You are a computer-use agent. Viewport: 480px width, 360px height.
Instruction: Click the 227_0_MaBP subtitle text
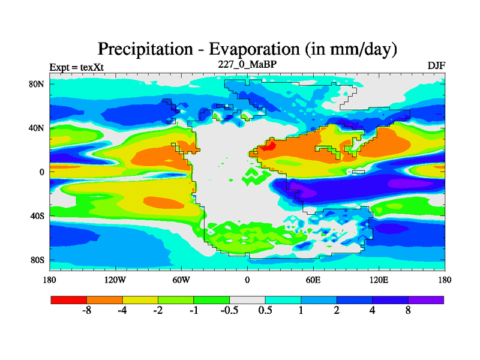point(247,64)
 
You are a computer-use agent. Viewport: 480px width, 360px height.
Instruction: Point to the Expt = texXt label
point(76,67)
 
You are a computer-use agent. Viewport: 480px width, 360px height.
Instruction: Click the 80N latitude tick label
point(37,84)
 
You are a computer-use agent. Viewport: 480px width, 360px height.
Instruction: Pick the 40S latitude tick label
point(37,216)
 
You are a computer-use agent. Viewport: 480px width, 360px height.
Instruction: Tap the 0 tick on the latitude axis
point(42,172)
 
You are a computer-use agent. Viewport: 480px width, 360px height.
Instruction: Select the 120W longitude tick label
point(115,280)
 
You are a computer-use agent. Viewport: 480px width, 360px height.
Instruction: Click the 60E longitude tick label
point(313,280)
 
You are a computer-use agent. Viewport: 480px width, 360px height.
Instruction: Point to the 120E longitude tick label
point(379,280)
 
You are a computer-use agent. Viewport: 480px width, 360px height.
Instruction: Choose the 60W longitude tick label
point(181,280)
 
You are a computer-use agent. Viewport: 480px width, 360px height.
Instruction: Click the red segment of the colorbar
point(68,299)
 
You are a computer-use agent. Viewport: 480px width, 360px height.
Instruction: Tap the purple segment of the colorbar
point(426,299)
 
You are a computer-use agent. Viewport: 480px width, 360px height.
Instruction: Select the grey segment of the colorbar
point(247,299)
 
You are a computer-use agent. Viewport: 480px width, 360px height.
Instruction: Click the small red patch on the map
point(270,145)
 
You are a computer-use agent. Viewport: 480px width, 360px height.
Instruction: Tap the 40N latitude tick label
point(37,128)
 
